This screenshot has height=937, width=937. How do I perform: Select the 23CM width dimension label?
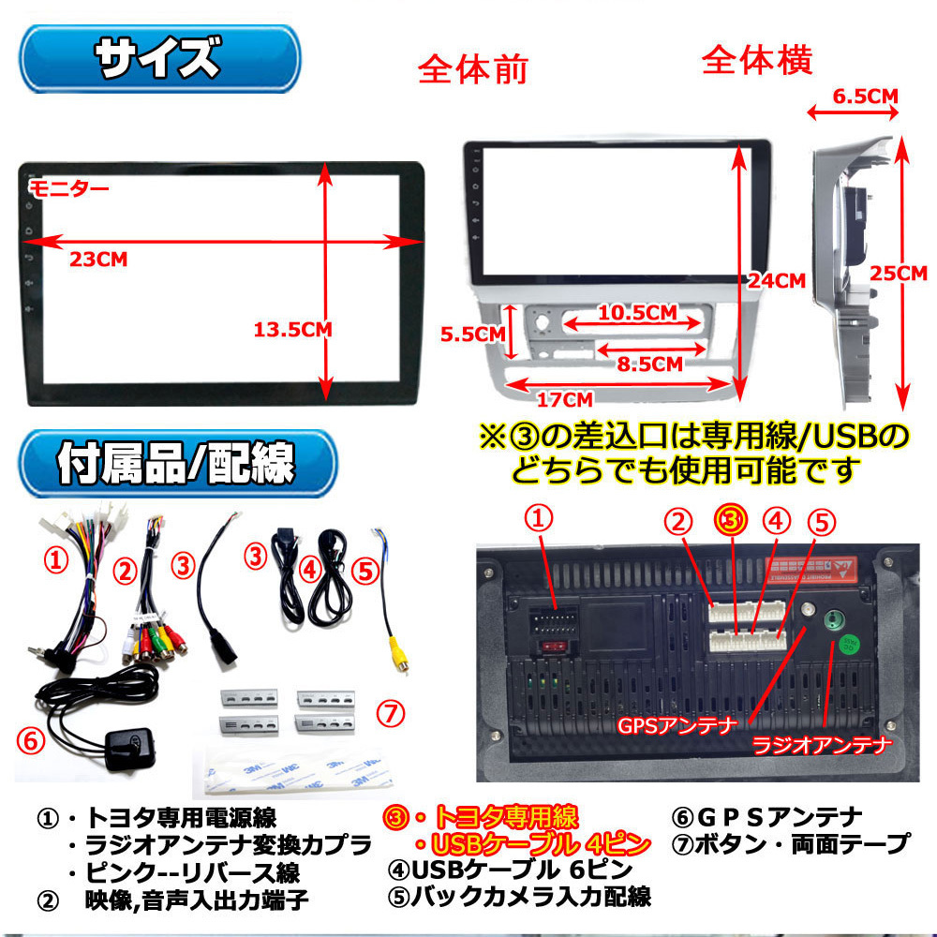pyautogui.click(x=98, y=260)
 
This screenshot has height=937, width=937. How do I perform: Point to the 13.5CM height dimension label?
pyautogui.click(x=292, y=329)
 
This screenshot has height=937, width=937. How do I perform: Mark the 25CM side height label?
pyautogui.click(x=897, y=274)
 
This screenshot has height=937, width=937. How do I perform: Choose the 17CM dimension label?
pyautogui.click(x=566, y=399)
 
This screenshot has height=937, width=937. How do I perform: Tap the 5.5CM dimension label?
pyautogui.click(x=473, y=334)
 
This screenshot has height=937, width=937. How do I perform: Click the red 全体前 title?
pyautogui.click(x=472, y=71)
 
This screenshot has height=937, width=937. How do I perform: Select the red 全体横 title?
pyautogui.click(x=756, y=61)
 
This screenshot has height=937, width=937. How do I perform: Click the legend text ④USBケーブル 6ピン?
pyautogui.click(x=510, y=869)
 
